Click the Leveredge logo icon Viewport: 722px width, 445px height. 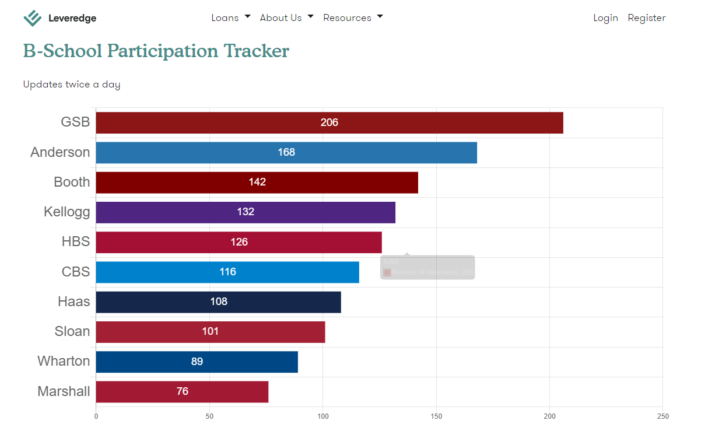[33, 18]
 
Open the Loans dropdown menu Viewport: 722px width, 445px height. [230, 17]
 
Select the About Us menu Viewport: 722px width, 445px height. [286, 17]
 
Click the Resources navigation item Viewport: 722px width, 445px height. [353, 17]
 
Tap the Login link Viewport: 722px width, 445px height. [605, 17]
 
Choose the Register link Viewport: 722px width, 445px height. [646, 17]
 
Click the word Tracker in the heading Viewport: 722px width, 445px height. [257, 51]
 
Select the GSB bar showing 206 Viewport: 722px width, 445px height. [330, 122]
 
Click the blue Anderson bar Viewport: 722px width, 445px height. [286, 152]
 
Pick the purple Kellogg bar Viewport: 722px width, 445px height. [246, 212]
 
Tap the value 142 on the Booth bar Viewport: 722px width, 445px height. [257, 182]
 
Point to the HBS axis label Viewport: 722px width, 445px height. [76, 241]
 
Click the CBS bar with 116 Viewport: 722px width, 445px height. [227, 272]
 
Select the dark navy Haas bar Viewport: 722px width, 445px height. [219, 302]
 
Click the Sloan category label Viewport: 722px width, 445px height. [72, 331]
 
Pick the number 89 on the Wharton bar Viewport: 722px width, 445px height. [197, 362]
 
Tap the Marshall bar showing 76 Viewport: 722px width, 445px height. [183, 391]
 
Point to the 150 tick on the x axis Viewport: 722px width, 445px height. [436, 416]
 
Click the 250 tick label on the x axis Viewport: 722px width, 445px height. [663, 416]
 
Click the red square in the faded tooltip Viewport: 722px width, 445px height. [387, 272]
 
